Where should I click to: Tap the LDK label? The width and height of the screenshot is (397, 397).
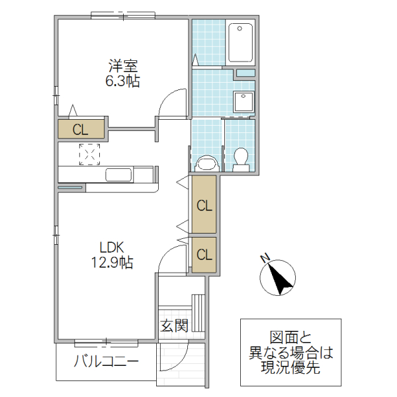click(x=112, y=247)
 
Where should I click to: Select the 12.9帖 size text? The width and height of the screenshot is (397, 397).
click(x=112, y=263)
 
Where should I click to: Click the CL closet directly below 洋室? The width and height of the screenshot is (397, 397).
click(x=81, y=129)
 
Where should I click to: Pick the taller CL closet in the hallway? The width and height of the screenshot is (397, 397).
click(x=204, y=205)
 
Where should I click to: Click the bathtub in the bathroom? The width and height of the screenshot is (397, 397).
click(x=240, y=42)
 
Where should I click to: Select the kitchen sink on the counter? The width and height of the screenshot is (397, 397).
click(x=119, y=175)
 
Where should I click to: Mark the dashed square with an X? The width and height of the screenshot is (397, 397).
click(x=89, y=154)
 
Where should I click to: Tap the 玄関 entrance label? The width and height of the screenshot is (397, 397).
click(x=174, y=326)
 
